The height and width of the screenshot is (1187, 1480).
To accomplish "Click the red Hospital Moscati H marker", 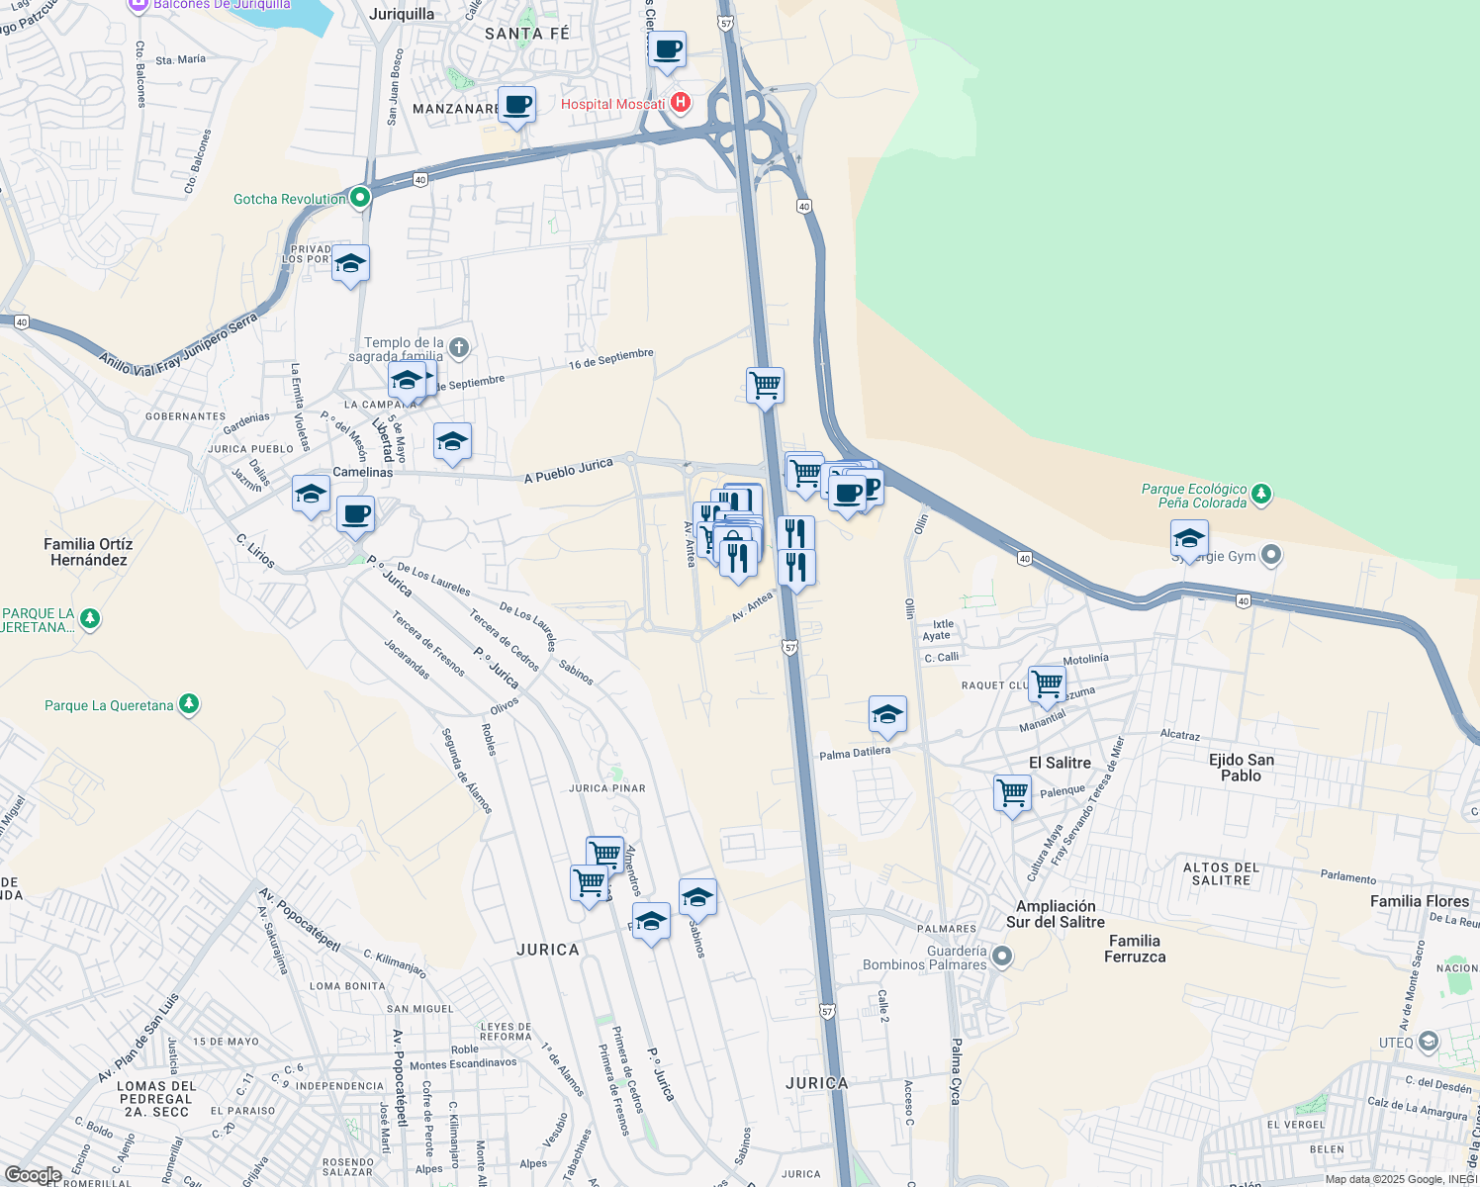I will (x=680, y=103).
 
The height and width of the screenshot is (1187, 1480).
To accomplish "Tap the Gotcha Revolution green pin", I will (x=360, y=198).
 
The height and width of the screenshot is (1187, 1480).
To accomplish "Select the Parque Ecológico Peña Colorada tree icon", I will (x=1260, y=494).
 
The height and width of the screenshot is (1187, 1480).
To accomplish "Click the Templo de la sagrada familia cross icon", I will (x=458, y=347).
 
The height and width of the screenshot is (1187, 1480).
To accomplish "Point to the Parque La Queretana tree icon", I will (x=189, y=704).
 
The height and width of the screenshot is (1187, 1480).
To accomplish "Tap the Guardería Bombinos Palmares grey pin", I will (x=1002, y=956).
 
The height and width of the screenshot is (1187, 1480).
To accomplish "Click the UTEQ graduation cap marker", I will (x=1428, y=1042).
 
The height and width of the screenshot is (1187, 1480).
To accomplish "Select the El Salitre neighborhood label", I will (x=1060, y=763).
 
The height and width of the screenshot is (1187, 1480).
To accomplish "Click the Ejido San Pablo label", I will (x=1241, y=768).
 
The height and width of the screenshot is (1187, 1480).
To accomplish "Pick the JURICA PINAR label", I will (x=607, y=788).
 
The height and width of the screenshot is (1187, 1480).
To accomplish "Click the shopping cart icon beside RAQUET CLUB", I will (x=1047, y=684).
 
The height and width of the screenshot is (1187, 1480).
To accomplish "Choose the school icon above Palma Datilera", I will (x=887, y=714).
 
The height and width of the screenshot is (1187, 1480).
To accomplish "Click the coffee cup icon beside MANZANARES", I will (x=516, y=105).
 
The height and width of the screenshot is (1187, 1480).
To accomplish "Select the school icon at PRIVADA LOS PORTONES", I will (x=350, y=263).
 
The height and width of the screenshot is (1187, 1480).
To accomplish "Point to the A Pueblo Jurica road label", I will (x=568, y=471).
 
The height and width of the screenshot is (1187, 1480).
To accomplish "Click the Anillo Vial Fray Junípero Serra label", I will (x=178, y=343).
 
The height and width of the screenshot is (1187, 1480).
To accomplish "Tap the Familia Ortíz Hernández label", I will (x=88, y=552).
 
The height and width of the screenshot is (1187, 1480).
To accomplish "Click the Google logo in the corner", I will (x=33, y=1175).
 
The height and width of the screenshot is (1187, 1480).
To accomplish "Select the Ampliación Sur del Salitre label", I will (x=1056, y=914).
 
